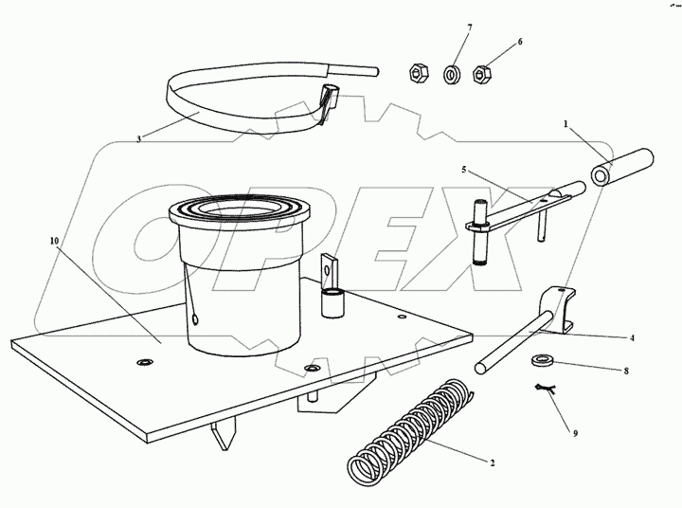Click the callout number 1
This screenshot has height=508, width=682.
pos(565,124)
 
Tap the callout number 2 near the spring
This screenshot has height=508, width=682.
pos(492,463)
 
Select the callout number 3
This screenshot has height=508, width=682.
pos(138,139)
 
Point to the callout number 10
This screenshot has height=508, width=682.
pos(54,241)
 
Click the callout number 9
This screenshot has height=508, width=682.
pos(575,433)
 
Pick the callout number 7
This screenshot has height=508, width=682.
pos(469,28)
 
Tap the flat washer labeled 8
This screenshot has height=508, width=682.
pos(541,360)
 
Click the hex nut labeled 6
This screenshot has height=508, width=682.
pos(482,75)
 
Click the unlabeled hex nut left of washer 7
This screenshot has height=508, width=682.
pos(420,74)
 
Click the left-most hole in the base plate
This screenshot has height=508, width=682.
pos(144,362)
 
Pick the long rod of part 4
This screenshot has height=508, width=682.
pos(514,342)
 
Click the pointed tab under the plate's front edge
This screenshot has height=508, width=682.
pos(224,436)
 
